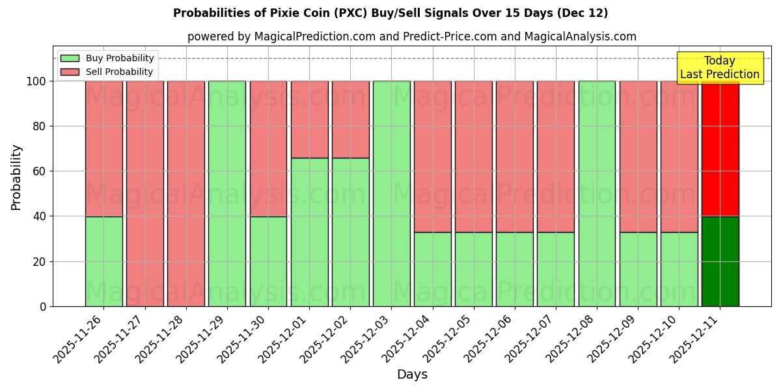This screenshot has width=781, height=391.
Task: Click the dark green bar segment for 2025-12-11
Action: [720, 261]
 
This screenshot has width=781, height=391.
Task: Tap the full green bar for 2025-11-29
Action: [227, 194]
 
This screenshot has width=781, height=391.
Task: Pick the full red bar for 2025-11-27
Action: [144, 194]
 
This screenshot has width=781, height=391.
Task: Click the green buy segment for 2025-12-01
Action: [309, 232]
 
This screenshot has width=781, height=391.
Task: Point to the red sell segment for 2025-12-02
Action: [350, 119]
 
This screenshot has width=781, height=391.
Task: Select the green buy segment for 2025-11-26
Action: [103, 261]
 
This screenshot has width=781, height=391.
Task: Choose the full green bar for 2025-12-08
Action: [597, 194]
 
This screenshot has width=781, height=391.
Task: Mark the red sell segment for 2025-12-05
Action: [474, 156]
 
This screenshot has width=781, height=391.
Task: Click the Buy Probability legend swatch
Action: [70, 58]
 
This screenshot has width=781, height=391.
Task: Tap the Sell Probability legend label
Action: [119, 72]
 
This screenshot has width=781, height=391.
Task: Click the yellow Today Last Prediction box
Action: [720, 68]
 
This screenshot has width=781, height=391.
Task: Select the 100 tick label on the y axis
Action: [35, 81]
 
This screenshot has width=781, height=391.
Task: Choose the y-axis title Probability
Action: [16, 177]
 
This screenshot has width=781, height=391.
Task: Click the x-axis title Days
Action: [412, 375]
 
